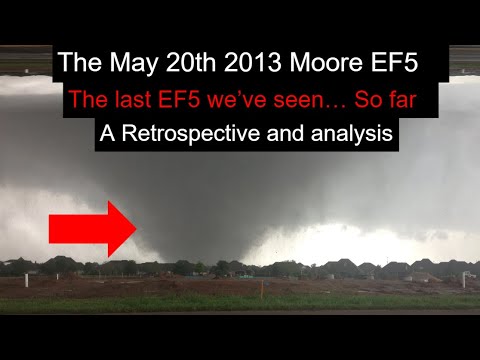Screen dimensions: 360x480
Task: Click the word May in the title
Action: coord(122,63)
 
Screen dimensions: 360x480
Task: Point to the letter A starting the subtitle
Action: coord(108,133)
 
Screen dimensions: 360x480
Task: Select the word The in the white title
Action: coord(77,63)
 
